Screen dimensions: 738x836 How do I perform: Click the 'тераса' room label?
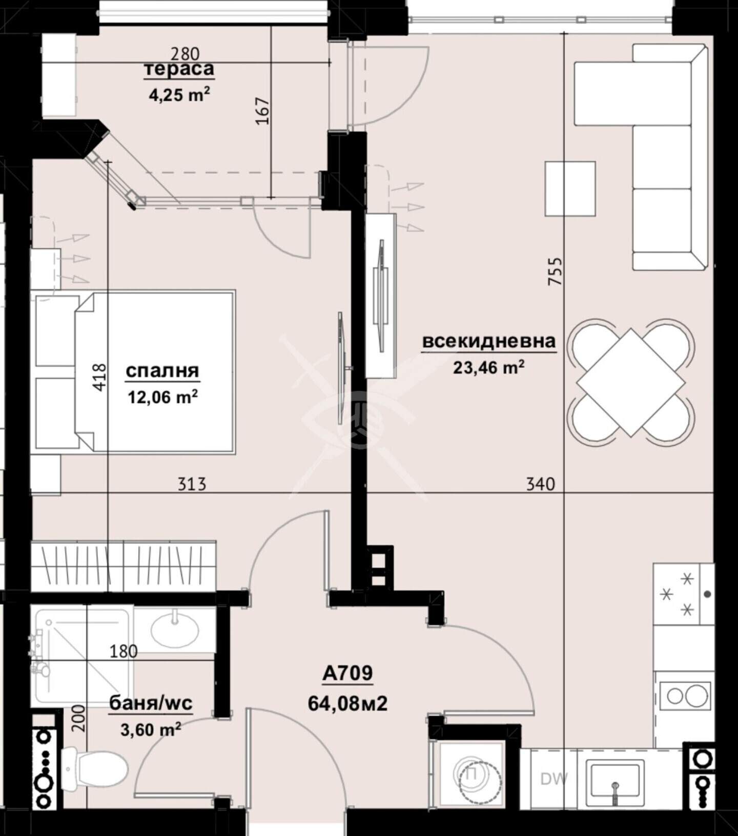pyautogui.click(x=179, y=69)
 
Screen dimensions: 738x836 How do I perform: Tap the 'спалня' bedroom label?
pyautogui.click(x=162, y=370)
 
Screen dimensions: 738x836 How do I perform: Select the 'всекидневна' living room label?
pyautogui.click(x=489, y=341)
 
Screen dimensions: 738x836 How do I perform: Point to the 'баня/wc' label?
pyautogui.click(x=151, y=703)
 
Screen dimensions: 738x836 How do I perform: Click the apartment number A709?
pyautogui.click(x=347, y=673)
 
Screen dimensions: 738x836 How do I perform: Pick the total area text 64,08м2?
pyautogui.click(x=347, y=703)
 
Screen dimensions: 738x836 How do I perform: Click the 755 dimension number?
pyautogui.click(x=555, y=271)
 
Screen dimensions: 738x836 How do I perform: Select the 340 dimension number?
pyautogui.click(x=541, y=484)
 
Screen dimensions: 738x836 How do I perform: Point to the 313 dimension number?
pyautogui.click(x=192, y=484)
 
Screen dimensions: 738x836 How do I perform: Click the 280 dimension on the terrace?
pyautogui.click(x=185, y=53)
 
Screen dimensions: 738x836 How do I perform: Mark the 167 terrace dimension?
pyautogui.click(x=262, y=110)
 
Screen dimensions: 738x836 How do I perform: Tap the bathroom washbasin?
pyautogui.click(x=175, y=630)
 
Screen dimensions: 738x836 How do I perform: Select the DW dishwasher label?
pyautogui.click(x=554, y=779)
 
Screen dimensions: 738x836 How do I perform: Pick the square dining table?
pyautogui.click(x=631, y=382)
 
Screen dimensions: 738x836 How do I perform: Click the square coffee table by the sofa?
pyautogui.click(x=570, y=189)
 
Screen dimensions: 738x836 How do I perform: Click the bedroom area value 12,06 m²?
pyautogui.click(x=163, y=398)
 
